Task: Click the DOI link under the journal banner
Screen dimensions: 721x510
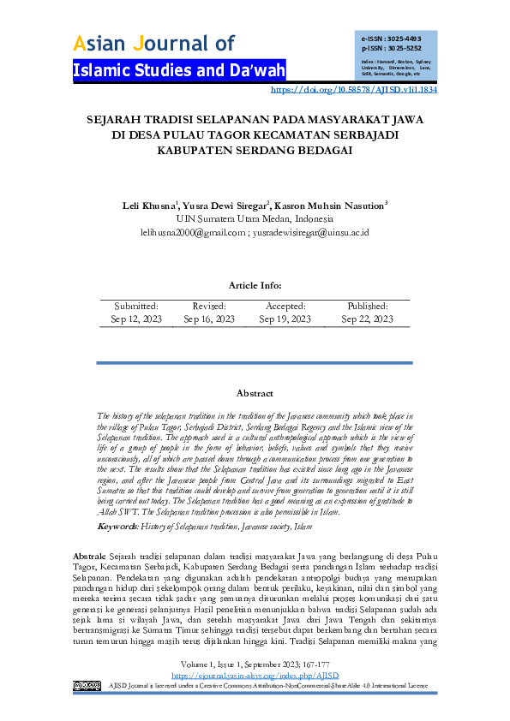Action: [354, 89]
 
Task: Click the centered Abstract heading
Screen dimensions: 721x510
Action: [255, 393]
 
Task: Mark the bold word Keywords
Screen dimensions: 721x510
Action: [117, 525]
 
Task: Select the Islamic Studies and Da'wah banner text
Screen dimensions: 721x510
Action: [179, 70]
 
